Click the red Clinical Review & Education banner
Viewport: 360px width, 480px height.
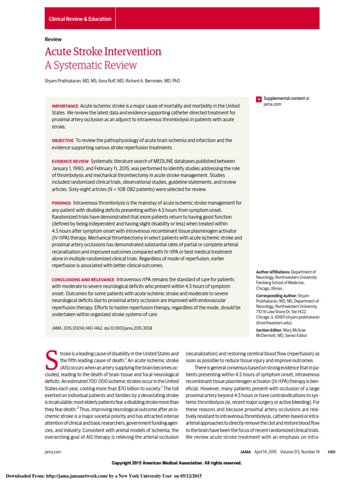pos(80,19)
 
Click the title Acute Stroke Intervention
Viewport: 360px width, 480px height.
pos(103,52)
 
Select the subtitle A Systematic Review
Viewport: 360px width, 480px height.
pos(91,65)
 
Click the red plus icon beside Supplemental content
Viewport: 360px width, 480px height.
pos(258,99)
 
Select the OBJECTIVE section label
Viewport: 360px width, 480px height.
pos(62,140)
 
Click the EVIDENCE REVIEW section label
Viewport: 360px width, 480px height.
pos(70,161)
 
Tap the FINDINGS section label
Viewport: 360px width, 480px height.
pos(61,203)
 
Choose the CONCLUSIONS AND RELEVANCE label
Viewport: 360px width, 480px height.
pos(82,279)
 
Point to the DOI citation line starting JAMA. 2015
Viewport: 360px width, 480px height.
pos(102,328)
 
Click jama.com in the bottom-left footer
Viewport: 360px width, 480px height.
pos(52,451)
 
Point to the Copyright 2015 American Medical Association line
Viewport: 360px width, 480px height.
pos(177,463)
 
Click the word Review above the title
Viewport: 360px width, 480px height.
pos(53,39)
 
